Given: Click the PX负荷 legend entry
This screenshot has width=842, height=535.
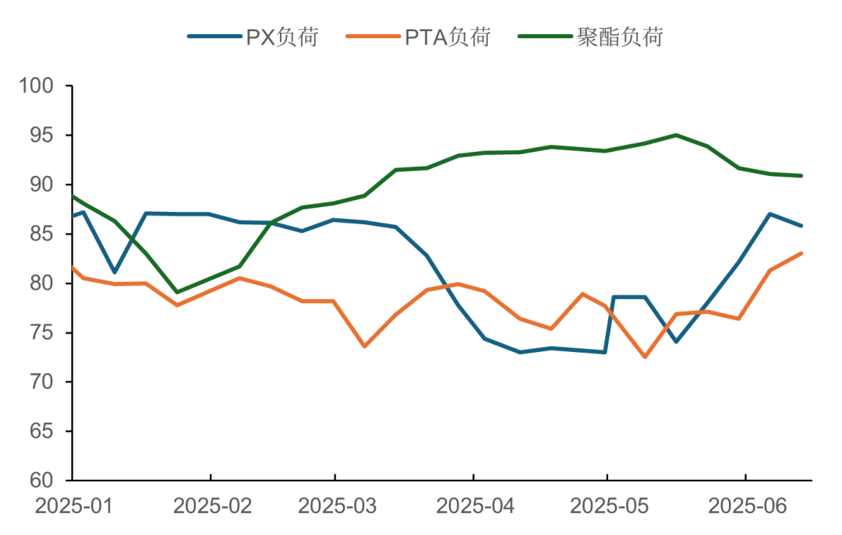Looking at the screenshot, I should [x=253, y=36].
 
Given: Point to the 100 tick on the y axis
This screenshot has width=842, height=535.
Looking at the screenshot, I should [x=37, y=86].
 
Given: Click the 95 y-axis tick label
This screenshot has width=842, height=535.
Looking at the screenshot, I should [x=43, y=135].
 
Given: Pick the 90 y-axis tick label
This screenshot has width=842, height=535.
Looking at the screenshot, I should [x=43, y=185].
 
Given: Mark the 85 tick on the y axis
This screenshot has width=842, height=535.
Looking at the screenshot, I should [x=43, y=234].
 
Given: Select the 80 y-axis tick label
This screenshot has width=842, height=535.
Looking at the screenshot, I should [x=43, y=283].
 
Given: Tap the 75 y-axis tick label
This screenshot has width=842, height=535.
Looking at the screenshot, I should [x=43, y=333].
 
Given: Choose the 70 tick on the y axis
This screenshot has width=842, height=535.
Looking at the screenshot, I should [x=43, y=382].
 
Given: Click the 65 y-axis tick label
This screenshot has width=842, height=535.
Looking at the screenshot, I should [x=43, y=431].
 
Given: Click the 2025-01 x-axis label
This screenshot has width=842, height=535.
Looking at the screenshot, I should [x=73, y=507].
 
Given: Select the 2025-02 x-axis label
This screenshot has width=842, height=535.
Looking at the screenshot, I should [x=212, y=507].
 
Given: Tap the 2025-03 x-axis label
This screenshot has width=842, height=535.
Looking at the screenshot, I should [x=338, y=507].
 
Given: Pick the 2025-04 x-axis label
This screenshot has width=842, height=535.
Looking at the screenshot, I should [x=476, y=507].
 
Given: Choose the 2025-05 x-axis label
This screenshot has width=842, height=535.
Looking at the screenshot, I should [x=610, y=507].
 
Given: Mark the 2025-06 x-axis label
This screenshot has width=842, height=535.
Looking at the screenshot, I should [x=747, y=507].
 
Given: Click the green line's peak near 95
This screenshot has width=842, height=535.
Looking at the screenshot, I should [x=675, y=135].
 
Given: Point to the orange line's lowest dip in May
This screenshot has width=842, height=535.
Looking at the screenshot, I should [x=646, y=358].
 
